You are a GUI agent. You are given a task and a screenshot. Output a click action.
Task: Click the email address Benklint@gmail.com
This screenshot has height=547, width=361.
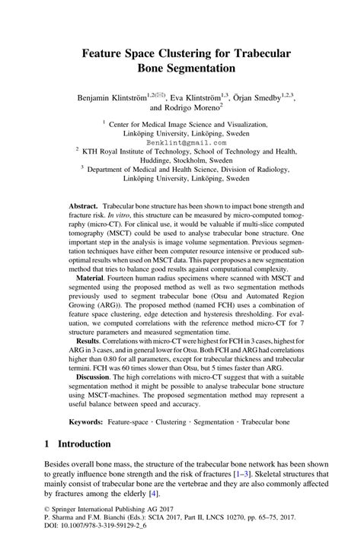coord(181,142)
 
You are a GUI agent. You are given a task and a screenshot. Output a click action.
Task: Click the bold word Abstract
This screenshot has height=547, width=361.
coord(82,207)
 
